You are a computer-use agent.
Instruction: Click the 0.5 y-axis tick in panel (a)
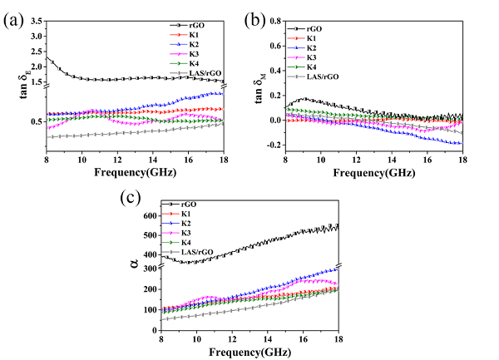point(36,121)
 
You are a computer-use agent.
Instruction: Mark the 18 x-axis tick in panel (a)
point(223,159)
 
